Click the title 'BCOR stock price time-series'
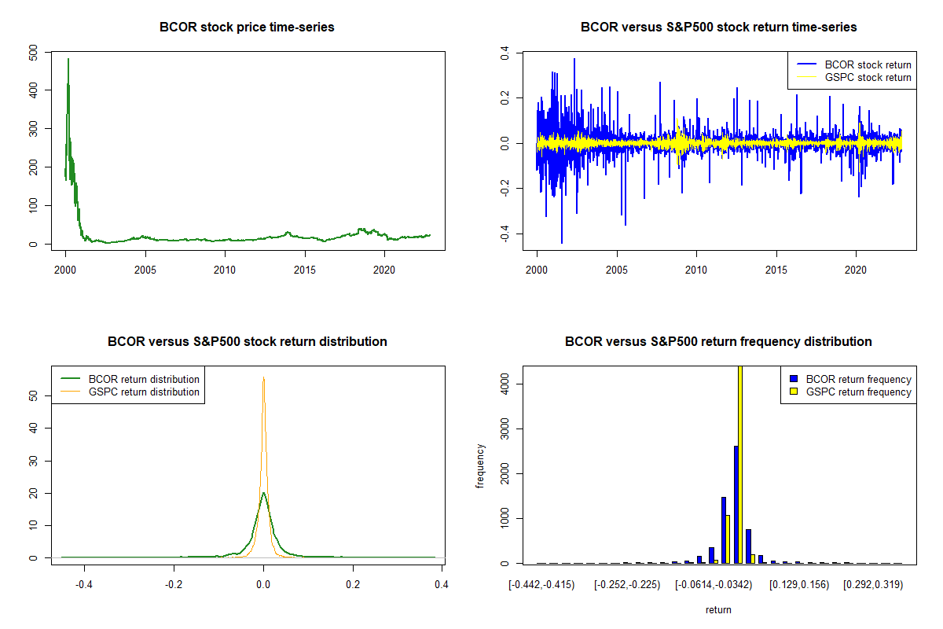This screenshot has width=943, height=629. click(x=247, y=28)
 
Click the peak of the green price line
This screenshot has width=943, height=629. click(x=68, y=59)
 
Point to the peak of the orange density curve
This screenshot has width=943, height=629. click(x=263, y=378)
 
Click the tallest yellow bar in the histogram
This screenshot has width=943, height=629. click(x=739, y=464)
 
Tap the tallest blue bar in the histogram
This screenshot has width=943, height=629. click(x=736, y=504)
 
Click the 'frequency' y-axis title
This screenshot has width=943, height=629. click(x=480, y=466)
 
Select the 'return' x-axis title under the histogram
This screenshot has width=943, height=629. click(x=718, y=609)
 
